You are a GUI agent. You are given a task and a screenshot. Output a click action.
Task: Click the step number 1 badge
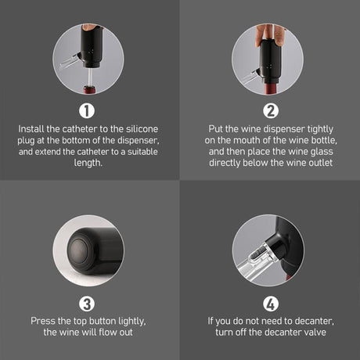click(87, 111)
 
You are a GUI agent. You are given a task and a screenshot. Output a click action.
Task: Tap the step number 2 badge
click(271, 111)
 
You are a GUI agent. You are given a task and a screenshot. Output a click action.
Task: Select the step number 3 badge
click(87, 304)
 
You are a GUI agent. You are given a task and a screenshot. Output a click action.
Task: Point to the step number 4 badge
click(271, 304)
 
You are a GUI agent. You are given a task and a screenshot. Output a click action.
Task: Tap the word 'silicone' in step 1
click(142, 129)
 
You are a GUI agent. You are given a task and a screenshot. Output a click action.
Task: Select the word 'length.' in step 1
click(88, 163)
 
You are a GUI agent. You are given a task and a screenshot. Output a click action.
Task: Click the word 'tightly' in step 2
click(320, 129)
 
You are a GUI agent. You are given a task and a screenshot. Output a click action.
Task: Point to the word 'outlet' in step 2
click(320, 163)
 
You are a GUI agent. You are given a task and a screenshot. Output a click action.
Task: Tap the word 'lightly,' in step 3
click(132, 322)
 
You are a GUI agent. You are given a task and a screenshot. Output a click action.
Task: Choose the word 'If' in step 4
click(211, 321)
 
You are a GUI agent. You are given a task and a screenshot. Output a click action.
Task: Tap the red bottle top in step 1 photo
click(89, 90)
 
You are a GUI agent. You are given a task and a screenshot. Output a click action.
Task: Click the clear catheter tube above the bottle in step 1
click(90, 77)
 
